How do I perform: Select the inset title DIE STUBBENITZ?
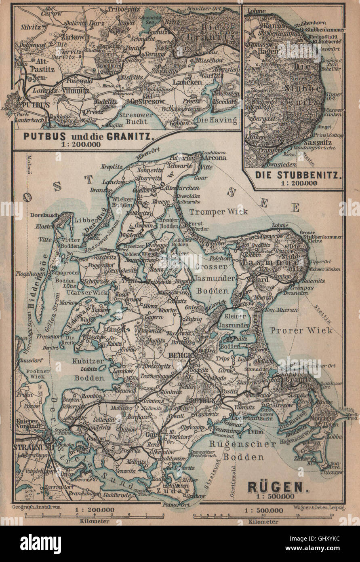coord(293,176)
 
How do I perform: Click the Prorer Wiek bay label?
coord(301,330)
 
